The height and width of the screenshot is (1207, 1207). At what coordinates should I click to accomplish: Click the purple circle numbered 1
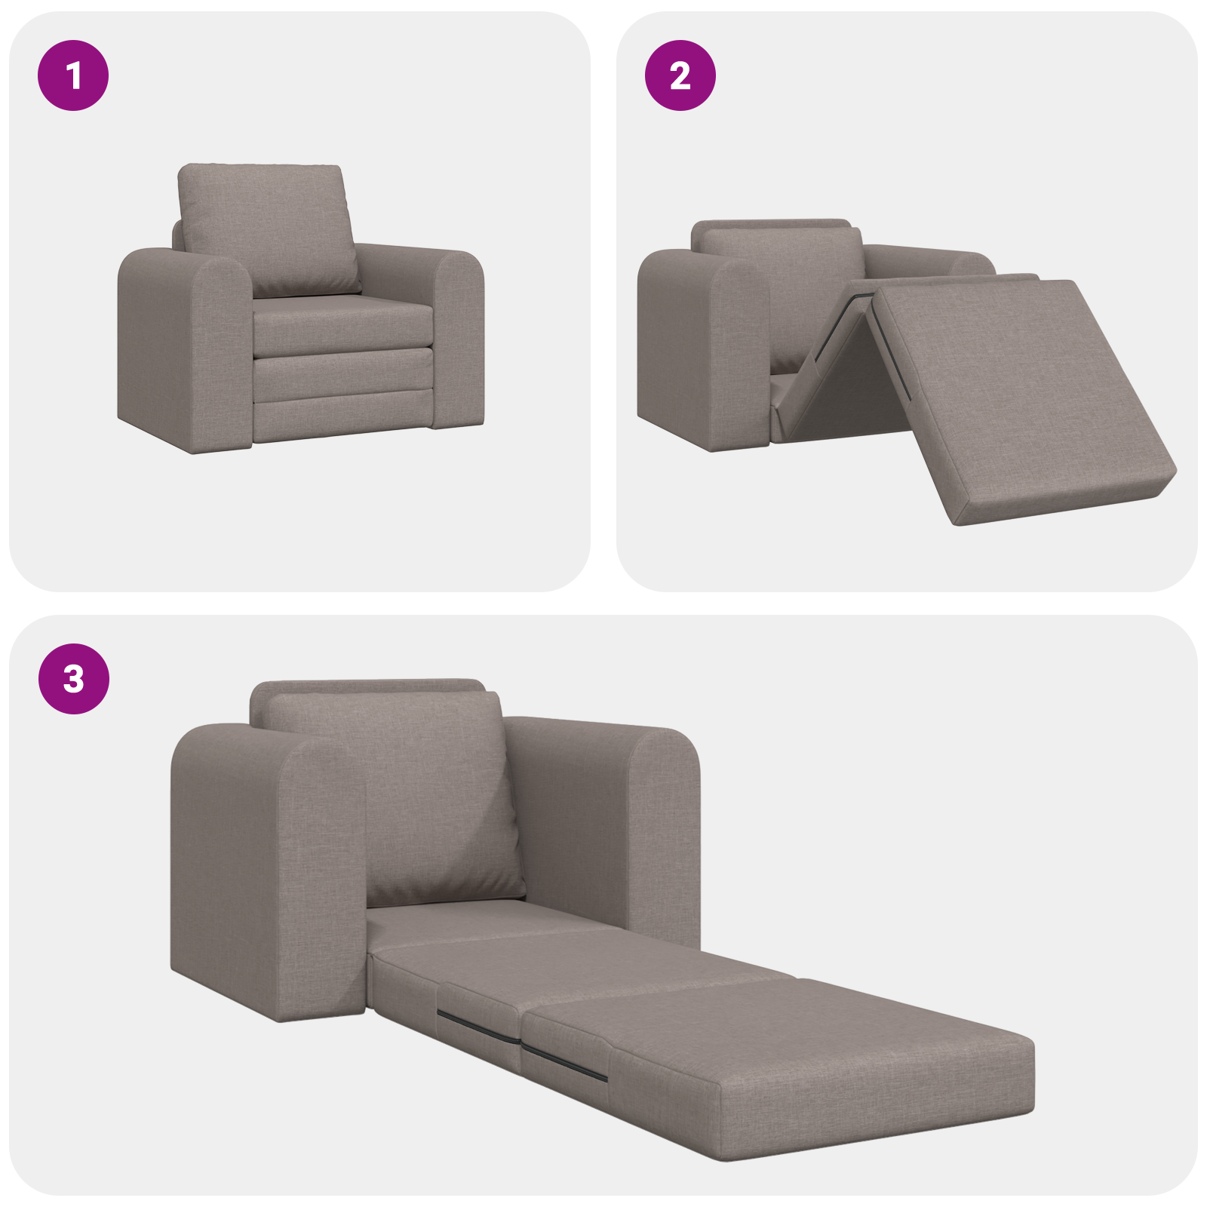coord(73,75)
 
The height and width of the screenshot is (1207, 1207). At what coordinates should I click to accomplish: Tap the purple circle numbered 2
coord(680,75)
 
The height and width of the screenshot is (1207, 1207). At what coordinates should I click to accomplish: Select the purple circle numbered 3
coord(73,678)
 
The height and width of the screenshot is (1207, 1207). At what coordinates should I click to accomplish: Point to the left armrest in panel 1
coord(185,347)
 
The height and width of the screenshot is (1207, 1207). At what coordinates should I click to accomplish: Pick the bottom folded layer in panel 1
coord(343,419)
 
